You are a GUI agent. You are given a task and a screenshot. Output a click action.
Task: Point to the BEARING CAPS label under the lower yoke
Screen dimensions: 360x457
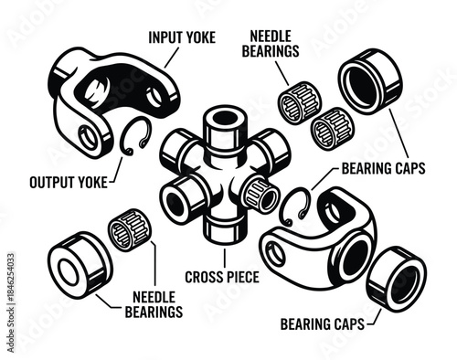(321, 323)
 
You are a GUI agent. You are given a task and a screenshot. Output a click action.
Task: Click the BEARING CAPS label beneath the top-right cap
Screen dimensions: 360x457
(382, 169)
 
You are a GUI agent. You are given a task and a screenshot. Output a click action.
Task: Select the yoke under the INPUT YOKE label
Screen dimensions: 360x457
(110, 96)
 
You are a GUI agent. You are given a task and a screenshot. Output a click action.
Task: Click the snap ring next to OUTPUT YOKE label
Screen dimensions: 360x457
(134, 138)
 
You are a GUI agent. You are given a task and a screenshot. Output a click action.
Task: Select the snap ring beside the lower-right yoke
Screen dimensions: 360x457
(293, 207)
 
